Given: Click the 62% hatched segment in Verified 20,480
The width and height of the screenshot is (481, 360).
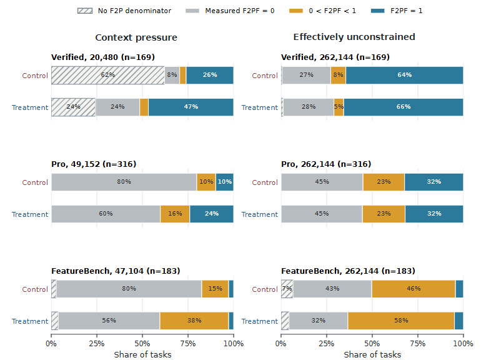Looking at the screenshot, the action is coord(108,75).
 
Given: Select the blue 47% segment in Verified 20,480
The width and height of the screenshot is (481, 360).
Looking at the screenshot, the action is coord(191,107).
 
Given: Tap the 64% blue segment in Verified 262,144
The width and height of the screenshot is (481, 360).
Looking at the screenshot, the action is coord(405,75).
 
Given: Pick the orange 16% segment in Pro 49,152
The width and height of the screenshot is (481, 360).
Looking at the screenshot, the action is coord(175,214).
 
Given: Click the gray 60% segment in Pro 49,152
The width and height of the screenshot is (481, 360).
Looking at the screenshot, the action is coord(106,214).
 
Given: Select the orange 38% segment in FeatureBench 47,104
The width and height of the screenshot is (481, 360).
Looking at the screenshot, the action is coord(194,321).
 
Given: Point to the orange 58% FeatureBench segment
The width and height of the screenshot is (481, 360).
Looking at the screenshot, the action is coord(401,321).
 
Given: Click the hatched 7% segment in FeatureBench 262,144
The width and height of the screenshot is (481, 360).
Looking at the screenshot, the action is coord(287,289).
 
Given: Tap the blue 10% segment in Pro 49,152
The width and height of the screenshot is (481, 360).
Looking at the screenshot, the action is coord(224,182).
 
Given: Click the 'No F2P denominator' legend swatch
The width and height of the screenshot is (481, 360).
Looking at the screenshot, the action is coord(85,11).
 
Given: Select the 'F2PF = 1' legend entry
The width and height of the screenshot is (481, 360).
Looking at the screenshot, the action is coord(396,11).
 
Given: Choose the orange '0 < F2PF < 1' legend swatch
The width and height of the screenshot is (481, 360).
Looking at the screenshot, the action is coord(296,11).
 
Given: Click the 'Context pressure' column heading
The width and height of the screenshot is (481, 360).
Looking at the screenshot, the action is coord(136,37).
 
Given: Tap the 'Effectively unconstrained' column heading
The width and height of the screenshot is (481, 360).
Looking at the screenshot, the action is coord(354,37).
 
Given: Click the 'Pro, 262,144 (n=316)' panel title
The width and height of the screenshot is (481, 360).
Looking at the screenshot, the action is coord(326,164).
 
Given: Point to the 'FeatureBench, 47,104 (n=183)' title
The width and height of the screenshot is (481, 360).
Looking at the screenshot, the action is coord(116,271).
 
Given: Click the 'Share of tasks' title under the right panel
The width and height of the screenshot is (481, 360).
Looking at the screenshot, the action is coord(372,354).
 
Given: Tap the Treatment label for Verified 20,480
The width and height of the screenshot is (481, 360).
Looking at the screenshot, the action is coord(30,107).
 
